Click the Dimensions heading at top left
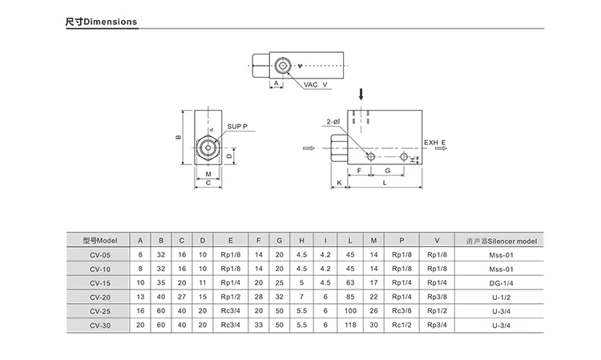pos(101,22)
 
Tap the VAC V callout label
pos(316,84)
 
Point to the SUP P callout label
pos(237,127)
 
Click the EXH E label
pos(434,143)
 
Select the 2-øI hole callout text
pos(333,122)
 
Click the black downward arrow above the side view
pos(361,95)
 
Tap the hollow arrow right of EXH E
pos(442,148)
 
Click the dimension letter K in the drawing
pos(339,183)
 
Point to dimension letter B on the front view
pos(178,137)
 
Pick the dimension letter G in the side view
pos(388,171)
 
